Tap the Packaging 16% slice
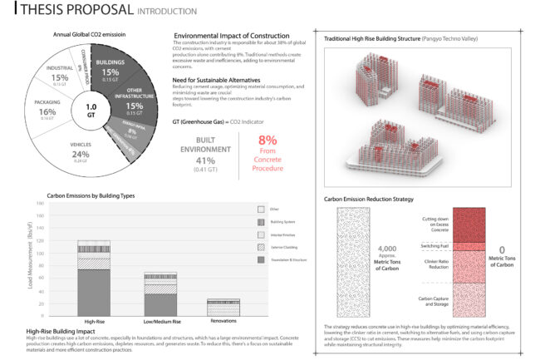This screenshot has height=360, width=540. pyautogui.click(x=47, y=111)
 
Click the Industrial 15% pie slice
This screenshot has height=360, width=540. pyautogui.click(x=60, y=78)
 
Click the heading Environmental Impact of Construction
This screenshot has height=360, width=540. pyautogui.click(x=232, y=37)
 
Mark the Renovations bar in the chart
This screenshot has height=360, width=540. pyautogui.click(x=223, y=307)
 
